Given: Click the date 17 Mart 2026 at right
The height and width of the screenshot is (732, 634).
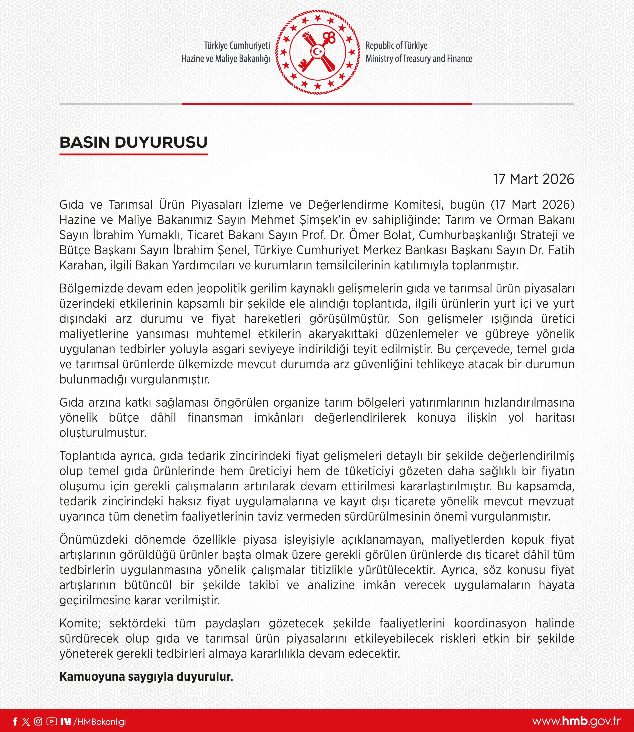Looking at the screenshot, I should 534,179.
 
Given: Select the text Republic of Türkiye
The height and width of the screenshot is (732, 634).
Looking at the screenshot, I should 396,46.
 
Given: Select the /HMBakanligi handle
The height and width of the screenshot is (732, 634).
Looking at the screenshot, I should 100,722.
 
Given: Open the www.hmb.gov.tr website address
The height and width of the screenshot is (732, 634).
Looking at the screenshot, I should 576,721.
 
